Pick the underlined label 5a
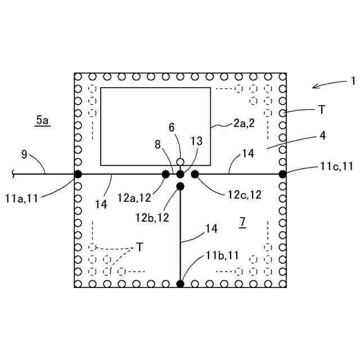42,120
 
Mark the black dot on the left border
78,174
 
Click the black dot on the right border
282,174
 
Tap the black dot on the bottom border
180,283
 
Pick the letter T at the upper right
320,110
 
